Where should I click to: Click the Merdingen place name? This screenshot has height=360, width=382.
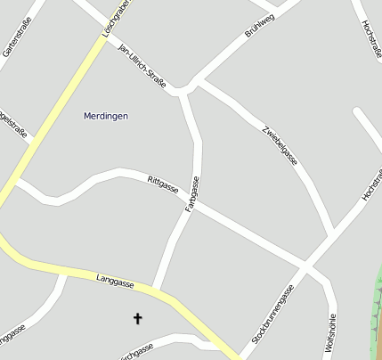106,116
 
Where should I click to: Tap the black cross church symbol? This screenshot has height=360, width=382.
138,318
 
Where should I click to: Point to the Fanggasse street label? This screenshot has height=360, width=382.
191,194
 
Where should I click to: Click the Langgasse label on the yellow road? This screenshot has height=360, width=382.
115,281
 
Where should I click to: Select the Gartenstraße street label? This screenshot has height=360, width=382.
15,37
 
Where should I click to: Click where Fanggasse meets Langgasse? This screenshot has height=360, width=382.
156,289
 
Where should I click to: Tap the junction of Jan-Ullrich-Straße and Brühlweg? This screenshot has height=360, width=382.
187,88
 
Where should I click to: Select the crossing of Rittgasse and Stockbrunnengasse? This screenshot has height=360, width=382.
304,264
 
